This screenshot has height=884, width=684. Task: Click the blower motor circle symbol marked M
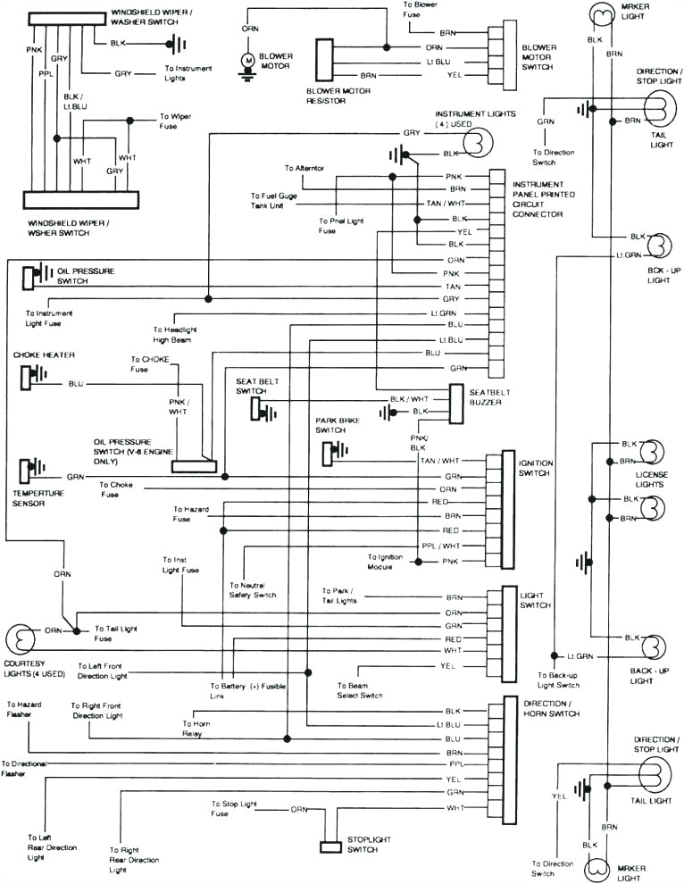pyautogui.click(x=246, y=60)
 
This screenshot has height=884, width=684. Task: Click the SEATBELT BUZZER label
pyautogui.click(x=486, y=396)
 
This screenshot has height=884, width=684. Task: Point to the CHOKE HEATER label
pyautogui.click(x=37, y=355)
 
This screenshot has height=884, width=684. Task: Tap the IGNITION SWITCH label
pyautogui.click(x=536, y=469)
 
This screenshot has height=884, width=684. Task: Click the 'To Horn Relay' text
pyautogui.click(x=194, y=729)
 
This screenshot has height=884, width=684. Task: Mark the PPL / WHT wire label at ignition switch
pyautogui.click(x=440, y=546)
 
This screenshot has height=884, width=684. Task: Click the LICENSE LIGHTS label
pyautogui.click(x=649, y=479)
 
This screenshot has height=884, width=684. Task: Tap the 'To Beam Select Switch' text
pyautogui.click(x=360, y=690)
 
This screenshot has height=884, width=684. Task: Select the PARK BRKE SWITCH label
pyautogui.click(x=337, y=425)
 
